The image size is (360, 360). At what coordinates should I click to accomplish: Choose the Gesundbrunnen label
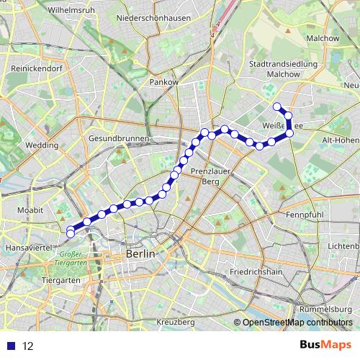tap(119, 138)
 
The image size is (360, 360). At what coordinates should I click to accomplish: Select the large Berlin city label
tap(140, 254)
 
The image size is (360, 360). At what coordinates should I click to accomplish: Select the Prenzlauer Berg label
tap(209, 177)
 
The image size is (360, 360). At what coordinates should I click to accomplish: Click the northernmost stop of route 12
tap(277, 106)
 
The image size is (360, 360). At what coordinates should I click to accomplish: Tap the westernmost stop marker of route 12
tap(70, 233)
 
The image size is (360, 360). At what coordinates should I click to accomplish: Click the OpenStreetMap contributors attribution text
tap(297, 323)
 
